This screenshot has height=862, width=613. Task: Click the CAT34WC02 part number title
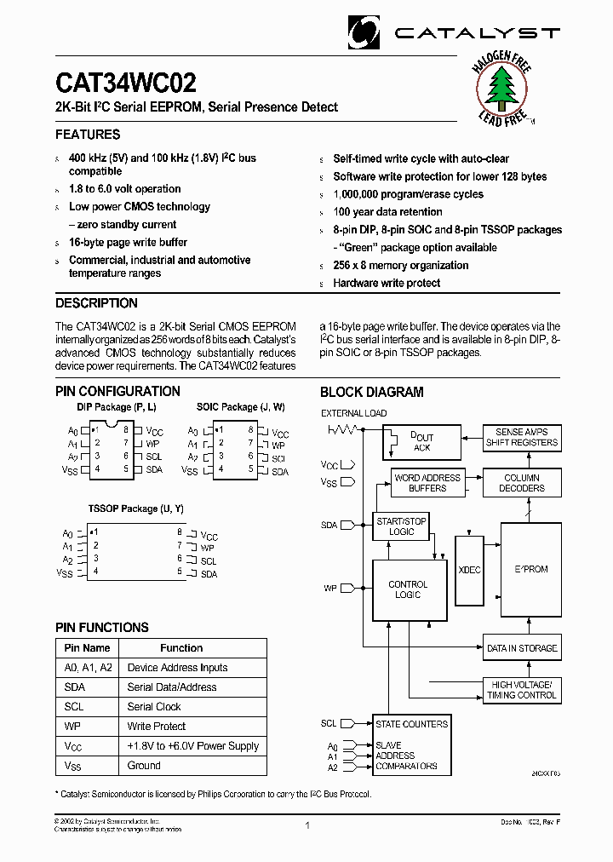(126, 83)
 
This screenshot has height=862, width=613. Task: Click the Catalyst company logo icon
(365, 32)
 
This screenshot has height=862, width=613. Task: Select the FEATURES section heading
(88, 135)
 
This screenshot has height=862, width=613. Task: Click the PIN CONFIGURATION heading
(117, 392)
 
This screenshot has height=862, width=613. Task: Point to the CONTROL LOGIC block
(409, 589)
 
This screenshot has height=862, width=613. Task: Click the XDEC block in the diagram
(469, 570)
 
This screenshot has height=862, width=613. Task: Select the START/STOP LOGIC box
(401, 526)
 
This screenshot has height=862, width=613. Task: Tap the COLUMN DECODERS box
(521, 483)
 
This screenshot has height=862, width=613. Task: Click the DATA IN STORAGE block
(521, 648)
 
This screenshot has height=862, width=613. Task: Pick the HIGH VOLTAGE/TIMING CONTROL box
(521, 690)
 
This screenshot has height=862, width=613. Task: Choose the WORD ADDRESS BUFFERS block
(427, 483)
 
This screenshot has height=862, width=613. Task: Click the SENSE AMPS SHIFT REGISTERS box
(521, 437)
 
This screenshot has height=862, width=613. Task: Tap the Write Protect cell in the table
(157, 727)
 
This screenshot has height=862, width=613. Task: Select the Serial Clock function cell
(154, 707)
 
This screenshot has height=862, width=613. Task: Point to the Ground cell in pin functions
(144, 766)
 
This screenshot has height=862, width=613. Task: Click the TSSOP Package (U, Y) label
(135, 509)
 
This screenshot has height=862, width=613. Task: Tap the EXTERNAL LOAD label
(353, 413)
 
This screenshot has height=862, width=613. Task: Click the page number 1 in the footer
(307, 825)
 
